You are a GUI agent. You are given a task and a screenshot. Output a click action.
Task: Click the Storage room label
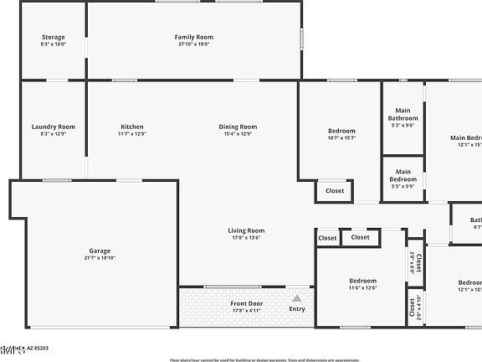(53, 37)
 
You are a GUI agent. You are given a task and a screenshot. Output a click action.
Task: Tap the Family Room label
(194, 37)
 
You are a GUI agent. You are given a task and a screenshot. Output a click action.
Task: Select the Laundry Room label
(53, 127)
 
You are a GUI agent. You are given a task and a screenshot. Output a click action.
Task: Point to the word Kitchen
(132, 127)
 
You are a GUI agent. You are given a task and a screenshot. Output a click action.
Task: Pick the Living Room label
(247, 230)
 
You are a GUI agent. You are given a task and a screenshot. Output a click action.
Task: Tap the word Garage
(100, 251)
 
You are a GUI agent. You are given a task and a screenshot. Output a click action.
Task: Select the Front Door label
(247, 303)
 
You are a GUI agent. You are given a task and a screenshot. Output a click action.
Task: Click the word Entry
(297, 309)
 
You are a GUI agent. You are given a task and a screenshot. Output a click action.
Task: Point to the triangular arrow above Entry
(296, 297)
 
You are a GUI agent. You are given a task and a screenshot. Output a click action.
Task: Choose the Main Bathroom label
(403, 115)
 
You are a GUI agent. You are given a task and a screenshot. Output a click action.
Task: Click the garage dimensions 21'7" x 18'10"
(100, 258)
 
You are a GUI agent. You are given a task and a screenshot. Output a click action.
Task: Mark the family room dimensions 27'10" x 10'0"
(194, 44)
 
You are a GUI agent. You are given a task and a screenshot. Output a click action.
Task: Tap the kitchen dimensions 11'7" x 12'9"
(132, 134)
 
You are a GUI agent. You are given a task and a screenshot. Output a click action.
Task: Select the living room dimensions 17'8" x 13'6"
(247, 238)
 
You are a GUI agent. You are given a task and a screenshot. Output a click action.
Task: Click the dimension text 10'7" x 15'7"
(341, 138)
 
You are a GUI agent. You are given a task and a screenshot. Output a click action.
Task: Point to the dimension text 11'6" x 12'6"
(362, 288)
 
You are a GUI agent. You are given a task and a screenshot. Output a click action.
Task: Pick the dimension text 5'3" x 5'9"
(403, 186)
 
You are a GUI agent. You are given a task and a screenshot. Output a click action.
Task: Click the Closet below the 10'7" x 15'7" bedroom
(335, 191)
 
